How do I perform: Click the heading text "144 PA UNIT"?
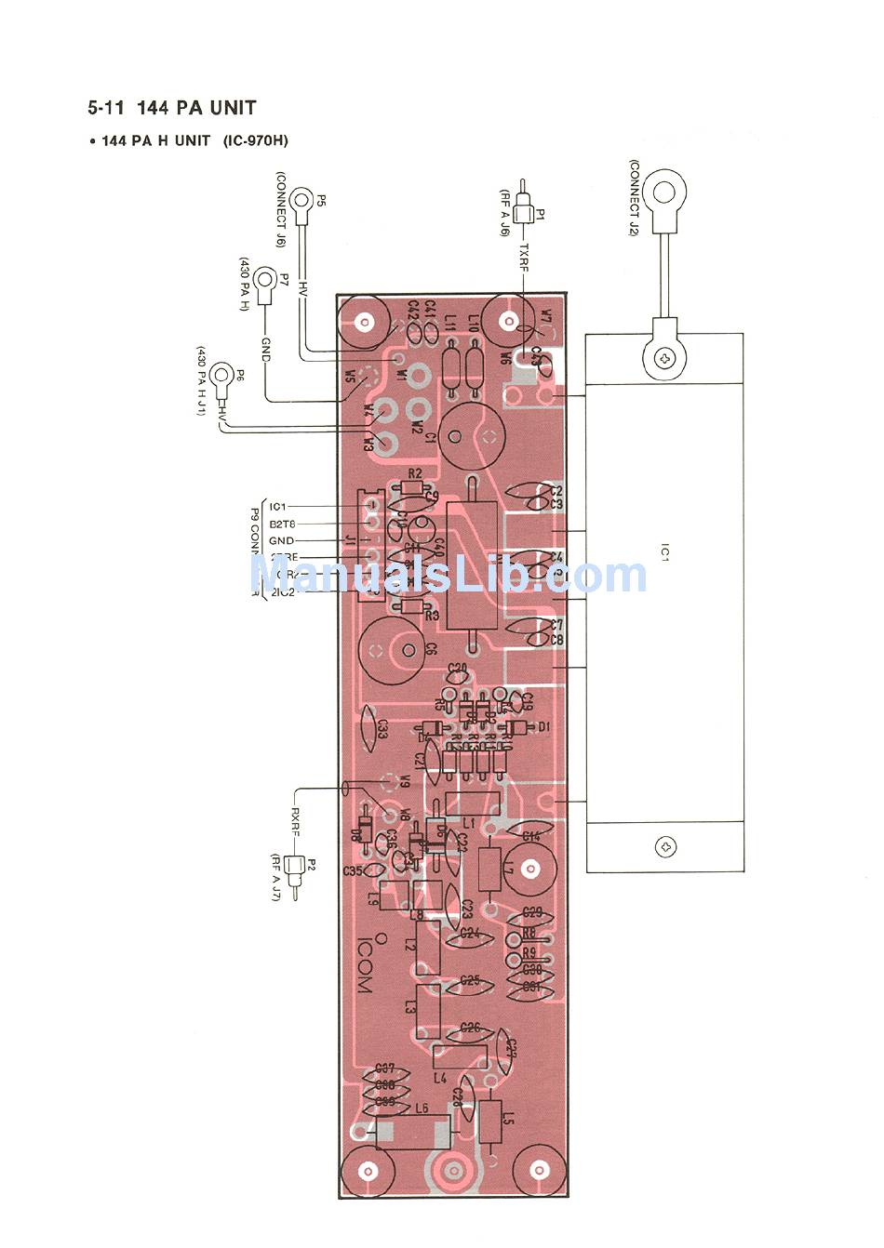tap(195, 108)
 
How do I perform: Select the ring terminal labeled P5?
tap(302, 199)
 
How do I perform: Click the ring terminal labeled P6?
tap(221, 377)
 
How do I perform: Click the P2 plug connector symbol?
tap(296, 871)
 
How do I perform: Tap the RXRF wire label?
tap(295, 822)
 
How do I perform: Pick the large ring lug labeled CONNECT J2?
tap(664, 193)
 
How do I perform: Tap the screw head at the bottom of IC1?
tap(665, 847)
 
